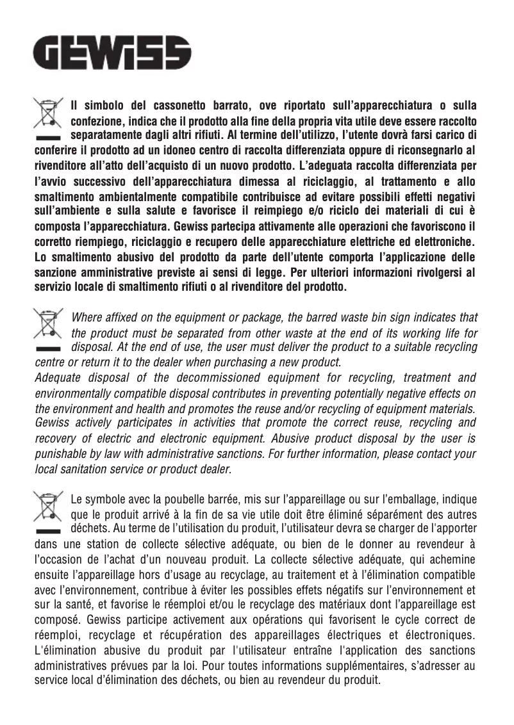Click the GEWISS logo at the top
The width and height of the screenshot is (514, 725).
(x=112, y=53)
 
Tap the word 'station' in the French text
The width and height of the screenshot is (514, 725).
(x=99, y=544)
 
